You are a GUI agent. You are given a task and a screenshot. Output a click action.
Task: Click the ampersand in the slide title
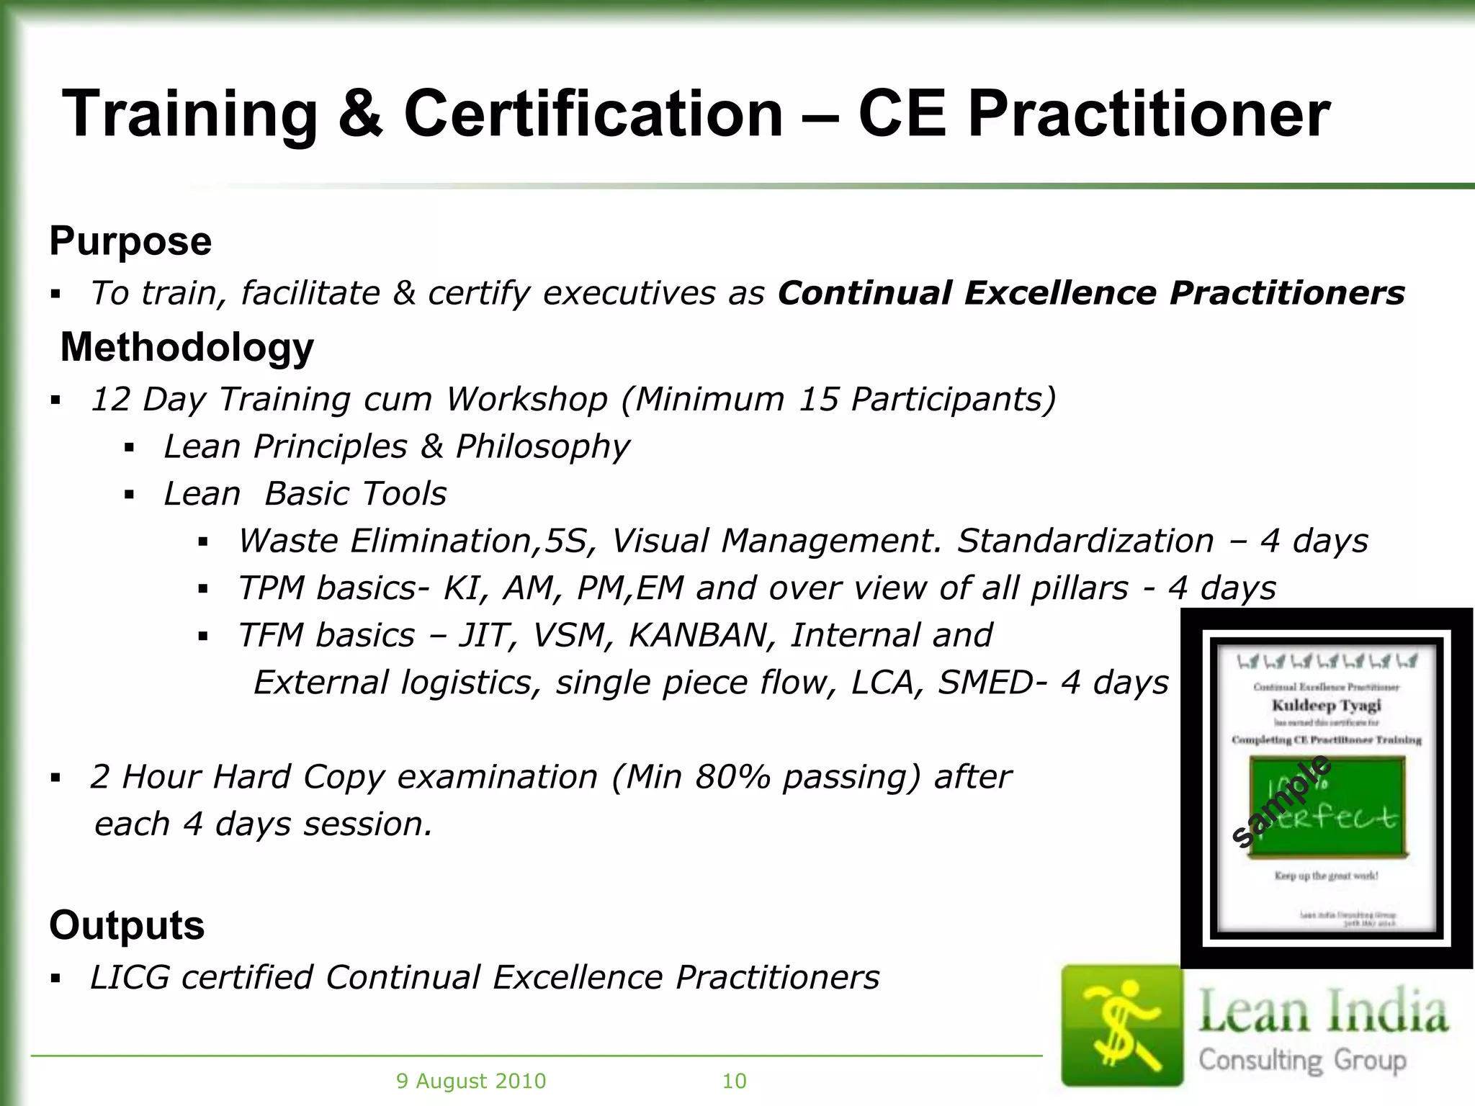[x=360, y=115]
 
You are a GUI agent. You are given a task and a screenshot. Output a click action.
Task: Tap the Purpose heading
[x=130, y=240]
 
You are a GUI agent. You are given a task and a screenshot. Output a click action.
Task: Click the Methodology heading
[x=187, y=347]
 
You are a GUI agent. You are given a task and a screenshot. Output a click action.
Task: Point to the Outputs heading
[x=127, y=925]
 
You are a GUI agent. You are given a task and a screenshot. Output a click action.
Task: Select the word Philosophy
[x=543, y=446]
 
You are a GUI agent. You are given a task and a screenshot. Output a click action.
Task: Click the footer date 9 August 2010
[x=471, y=1081]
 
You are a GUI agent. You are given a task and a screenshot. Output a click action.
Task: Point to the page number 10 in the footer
[x=734, y=1081]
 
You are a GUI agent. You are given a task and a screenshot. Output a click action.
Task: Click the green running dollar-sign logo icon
[x=1122, y=1025]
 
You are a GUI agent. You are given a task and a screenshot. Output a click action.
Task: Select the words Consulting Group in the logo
[x=1302, y=1060]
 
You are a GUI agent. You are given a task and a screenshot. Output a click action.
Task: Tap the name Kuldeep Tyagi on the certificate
[x=1326, y=705]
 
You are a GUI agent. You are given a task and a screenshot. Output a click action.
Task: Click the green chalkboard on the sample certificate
[x=1327, y=806]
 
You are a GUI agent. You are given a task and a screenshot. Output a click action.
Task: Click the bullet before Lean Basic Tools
[x=130, y=495]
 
